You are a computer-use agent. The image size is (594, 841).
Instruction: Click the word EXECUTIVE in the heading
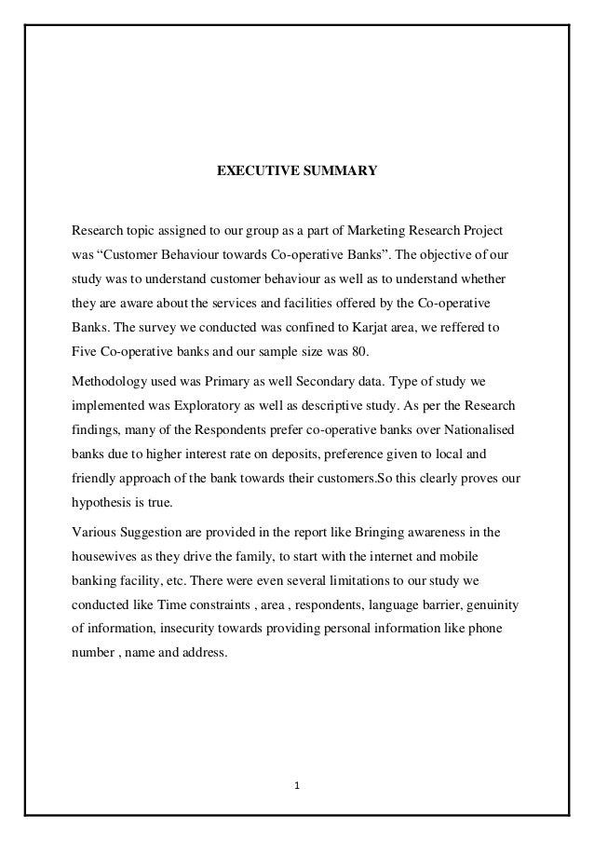click(253, 171)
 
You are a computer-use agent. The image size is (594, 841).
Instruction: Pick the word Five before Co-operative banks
click(87, 353)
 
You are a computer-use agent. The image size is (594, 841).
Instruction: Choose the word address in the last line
click(204, 656)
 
